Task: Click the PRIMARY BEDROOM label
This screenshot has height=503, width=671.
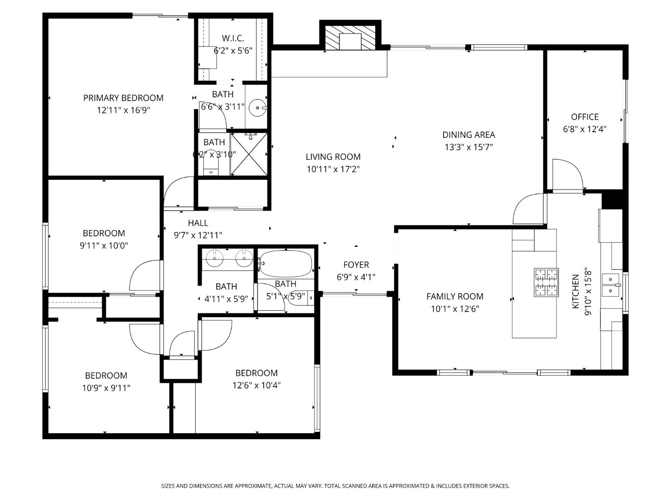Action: tap(123, 98)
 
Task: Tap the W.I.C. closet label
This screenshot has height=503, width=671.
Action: tap(233, 38)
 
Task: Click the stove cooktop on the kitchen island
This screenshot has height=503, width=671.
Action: tap(546, 282)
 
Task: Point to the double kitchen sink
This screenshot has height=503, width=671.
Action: tap(611, 285)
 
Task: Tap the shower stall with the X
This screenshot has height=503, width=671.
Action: tap(249, 154)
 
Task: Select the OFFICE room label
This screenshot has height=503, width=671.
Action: tap(585, 117)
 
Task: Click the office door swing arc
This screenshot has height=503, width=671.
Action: tap(568, 174)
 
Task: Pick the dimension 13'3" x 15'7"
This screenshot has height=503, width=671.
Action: tap(468, 147)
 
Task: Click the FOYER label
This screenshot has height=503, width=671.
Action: tap(356, 265)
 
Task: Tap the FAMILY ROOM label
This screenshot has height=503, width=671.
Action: tap(455, 296)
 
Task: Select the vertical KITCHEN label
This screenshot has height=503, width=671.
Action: tap(575, 291)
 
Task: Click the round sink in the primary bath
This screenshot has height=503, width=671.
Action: tap(257, 108)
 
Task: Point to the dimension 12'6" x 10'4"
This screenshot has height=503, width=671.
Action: tap(256, 385)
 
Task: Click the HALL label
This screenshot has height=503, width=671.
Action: tap(198, 223)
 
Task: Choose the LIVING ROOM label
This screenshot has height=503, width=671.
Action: tap(333, 157)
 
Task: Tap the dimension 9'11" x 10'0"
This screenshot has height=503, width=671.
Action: tap(104, 245)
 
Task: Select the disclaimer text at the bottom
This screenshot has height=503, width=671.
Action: tap(335, 486)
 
